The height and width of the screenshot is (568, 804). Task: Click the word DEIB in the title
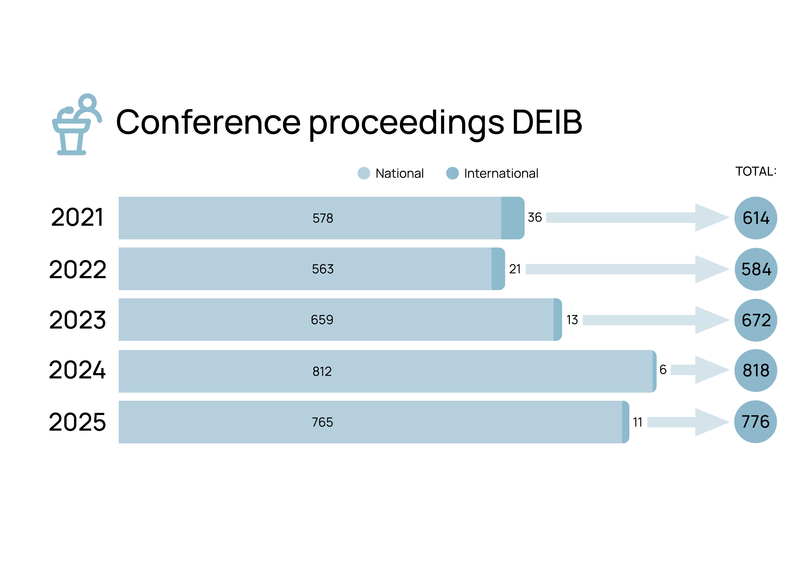(547, 122)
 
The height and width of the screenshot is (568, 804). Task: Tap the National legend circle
(364, 173)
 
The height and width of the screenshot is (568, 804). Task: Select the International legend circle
(452, 173)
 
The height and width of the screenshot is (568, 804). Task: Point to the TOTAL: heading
(756, 171)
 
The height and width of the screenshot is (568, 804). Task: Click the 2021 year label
(77, 217)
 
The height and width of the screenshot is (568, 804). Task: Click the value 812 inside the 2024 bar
(322, 371)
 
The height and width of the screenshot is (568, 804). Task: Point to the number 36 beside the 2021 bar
(535, 217)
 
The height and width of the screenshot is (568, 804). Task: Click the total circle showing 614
(756, 218)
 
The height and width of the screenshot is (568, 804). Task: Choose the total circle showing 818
(756, 370)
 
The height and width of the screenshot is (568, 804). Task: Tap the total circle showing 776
(755, 422)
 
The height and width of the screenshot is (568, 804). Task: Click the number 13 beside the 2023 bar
(572, 320)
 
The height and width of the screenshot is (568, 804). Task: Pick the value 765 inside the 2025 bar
(322, 422)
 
